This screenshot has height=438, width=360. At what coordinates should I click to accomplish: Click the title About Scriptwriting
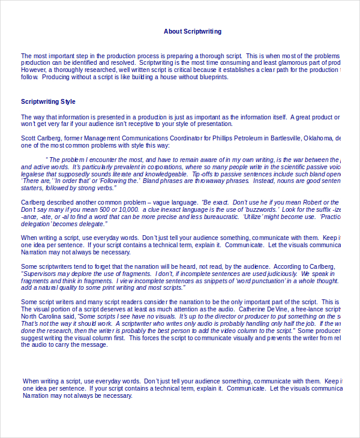(x=193, y=31)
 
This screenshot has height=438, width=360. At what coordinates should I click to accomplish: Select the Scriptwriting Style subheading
(x=48, y=102)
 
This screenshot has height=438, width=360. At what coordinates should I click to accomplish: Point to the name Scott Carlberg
(x=42, y=139)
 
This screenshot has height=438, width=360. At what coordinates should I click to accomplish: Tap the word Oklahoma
(x=315, y=139)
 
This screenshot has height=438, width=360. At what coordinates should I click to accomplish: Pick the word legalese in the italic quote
(x=34, y=174)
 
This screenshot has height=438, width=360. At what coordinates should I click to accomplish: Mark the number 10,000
(x=127, y=210)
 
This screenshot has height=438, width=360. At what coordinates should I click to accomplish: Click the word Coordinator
(x=176, y=139)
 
